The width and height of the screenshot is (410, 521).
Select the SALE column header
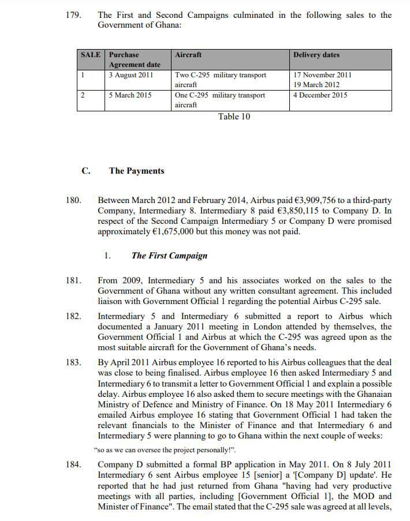tap(91, 55)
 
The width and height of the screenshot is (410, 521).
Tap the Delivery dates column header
tap(316, 55)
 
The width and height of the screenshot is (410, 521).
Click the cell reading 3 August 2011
tap(131, 75)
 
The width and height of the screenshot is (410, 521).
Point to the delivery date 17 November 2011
tap(322, 75)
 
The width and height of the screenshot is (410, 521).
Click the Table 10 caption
tap(234, 117)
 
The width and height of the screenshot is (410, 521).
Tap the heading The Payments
tap(136, 171)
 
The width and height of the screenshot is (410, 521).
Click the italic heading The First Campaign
tap(169, 256)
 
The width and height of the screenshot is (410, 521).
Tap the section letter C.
tap(85, 171)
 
